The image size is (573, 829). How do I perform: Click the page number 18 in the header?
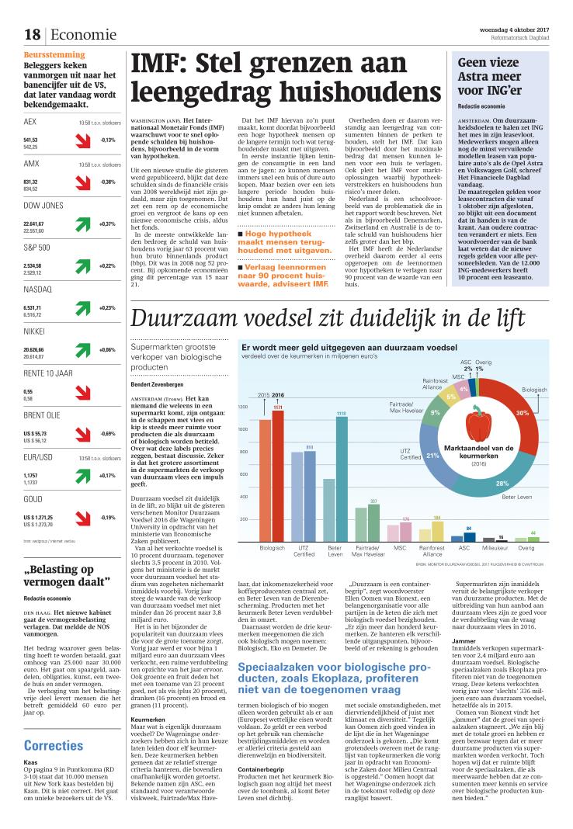click(32, 34)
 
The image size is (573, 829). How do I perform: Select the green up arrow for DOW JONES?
click(80, 226)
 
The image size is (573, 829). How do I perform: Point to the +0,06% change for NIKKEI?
click(106, 350)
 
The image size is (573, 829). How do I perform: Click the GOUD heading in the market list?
click(33, 500)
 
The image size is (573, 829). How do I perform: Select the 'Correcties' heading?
click(54, 745)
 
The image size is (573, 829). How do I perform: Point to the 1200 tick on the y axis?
click(243, 407)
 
